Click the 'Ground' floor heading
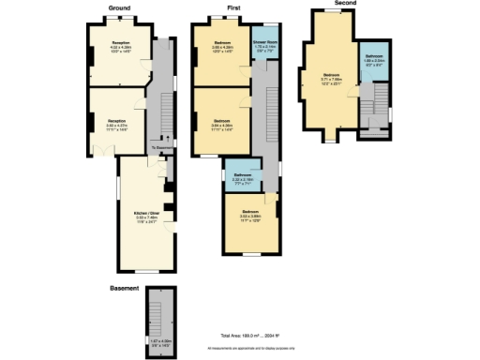coord(119,7)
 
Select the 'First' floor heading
coord(232,7)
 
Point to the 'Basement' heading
coord(124,288)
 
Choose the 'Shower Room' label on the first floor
coord(264,43)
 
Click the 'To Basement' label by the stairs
coord(162,147)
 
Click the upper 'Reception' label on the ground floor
coord(121,43)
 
